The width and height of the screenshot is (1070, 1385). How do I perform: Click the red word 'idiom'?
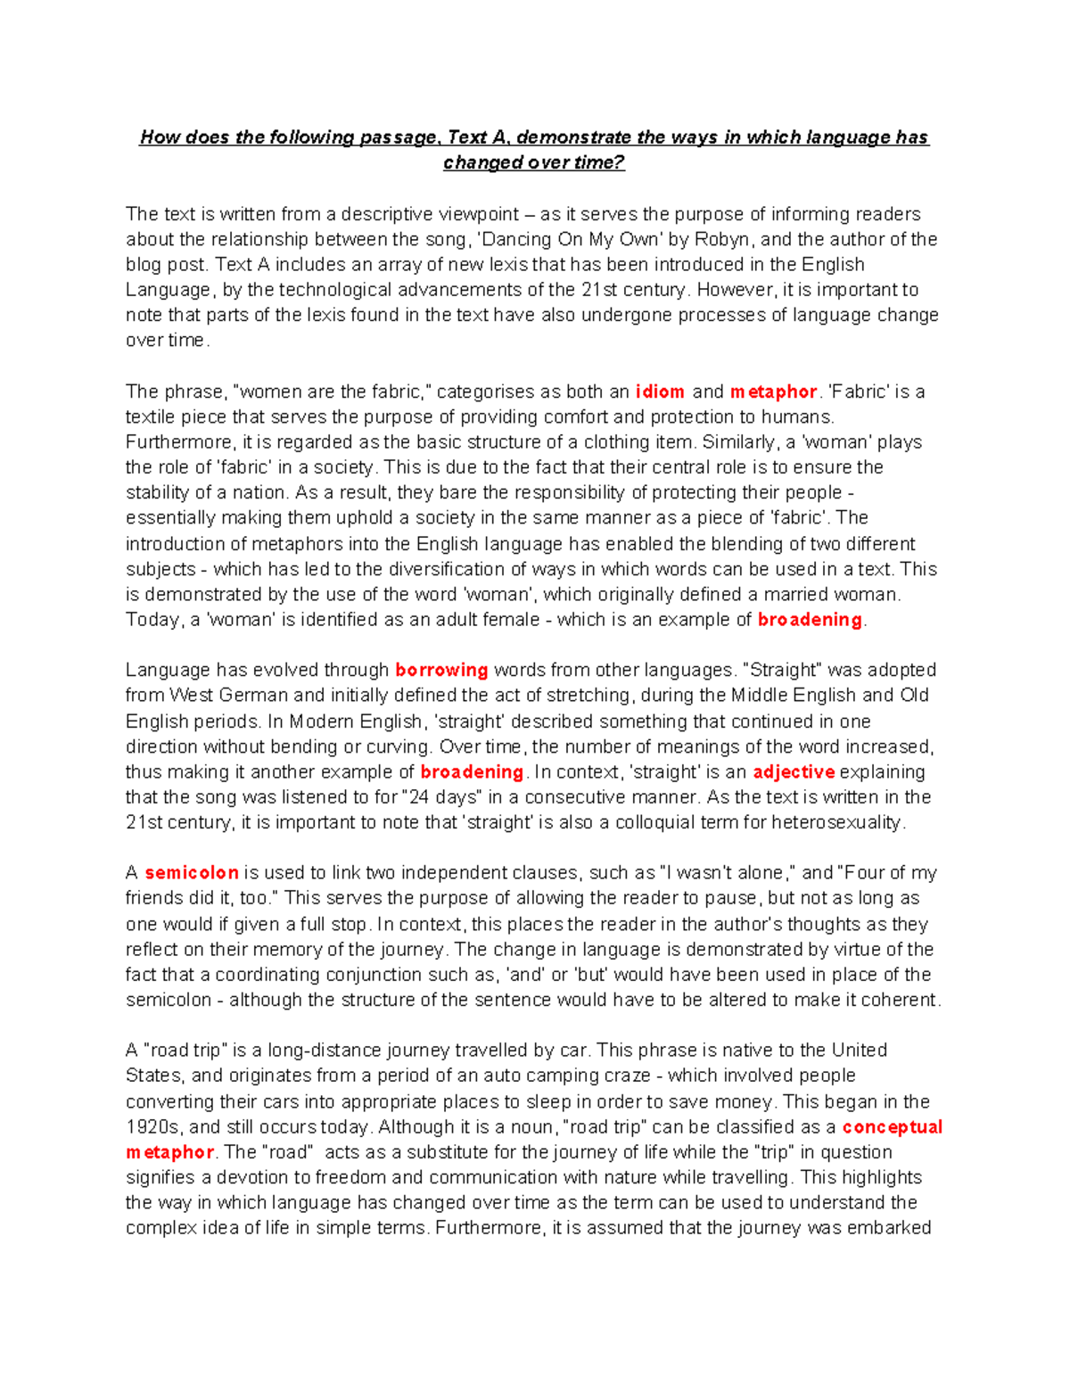coord(660,392)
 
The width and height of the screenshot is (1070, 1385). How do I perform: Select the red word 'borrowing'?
coord(441,670)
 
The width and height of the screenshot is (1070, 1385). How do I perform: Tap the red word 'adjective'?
coord(794,771)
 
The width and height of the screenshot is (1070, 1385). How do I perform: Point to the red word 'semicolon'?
coord(192,872)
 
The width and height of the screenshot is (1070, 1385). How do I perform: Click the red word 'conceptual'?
coord(892,1126)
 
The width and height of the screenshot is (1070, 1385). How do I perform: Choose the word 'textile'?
coord(152,416)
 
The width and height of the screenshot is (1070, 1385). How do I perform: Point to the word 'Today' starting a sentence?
coord(152,619)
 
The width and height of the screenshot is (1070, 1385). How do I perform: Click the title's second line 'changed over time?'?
coord(534,162)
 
